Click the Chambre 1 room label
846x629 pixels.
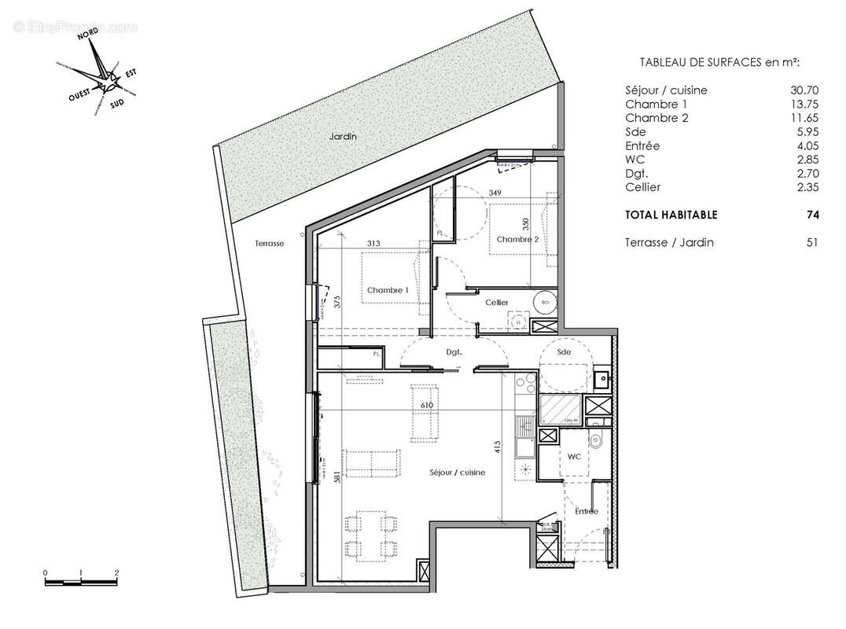(388, 290)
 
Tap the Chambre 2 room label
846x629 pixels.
(517, 240)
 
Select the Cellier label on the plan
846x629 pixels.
(496, 303)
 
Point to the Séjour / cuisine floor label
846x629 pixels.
(457, 473)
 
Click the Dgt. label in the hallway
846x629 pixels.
(453, 353)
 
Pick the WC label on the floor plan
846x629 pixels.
(574, 456)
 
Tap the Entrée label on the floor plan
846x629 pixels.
(586, 512)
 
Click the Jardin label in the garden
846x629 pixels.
(343, 136)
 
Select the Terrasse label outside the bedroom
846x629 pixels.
(269, 244)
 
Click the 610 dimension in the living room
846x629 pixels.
(427, 405)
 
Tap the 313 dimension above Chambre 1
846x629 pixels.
(373, 244)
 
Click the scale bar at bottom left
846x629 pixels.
(81, 582)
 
